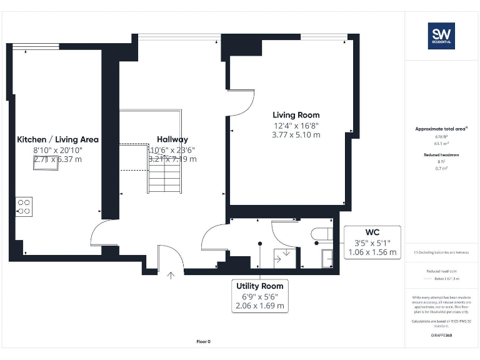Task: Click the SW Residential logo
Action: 441,36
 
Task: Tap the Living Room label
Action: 296,115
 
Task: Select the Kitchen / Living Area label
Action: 57,139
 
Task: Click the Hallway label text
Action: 172,139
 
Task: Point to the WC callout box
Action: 372,242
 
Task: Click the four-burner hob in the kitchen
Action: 24,207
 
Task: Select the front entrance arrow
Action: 171,273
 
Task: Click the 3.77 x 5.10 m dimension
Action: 296,134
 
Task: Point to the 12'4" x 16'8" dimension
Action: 296,125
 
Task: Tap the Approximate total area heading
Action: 441,129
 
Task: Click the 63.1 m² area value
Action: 441,142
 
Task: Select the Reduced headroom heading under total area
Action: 441,154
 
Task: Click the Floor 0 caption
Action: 204,341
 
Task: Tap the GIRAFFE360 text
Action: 441,336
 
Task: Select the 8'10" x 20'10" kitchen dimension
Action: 57,150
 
